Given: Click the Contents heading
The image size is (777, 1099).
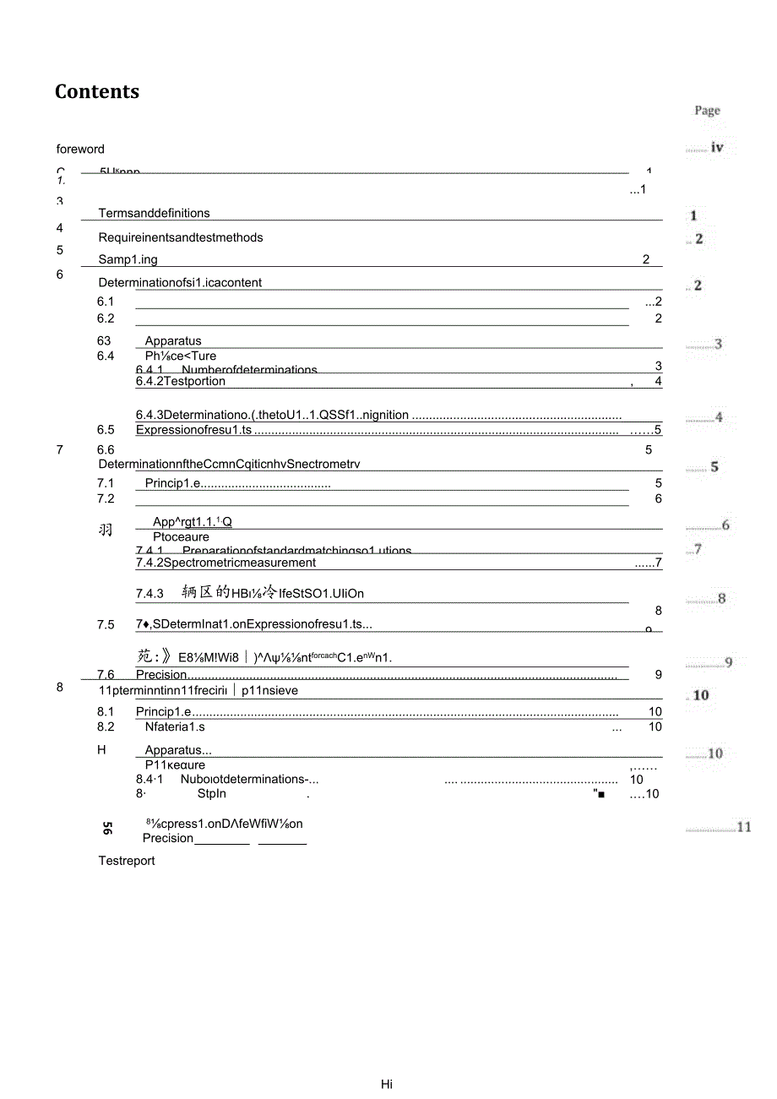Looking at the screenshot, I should [97, 92].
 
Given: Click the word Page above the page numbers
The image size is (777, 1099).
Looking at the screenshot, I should [707, 111].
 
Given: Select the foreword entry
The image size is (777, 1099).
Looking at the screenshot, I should [80, 150].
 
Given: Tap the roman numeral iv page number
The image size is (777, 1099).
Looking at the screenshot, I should [716, 147].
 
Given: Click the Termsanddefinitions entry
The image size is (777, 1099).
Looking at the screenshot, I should [154, 214].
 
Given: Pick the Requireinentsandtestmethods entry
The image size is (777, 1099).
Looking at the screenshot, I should [180, 237].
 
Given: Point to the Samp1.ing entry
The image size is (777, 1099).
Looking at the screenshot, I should [128, 259].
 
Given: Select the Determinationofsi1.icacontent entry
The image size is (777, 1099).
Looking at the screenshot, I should [180, 283].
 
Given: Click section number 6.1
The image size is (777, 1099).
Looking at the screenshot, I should [106, 302].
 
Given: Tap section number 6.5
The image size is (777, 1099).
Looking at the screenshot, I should [106, 430].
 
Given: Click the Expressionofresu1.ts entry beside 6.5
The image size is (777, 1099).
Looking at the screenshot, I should [193, 430].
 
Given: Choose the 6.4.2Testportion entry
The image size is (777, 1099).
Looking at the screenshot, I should [181, 382].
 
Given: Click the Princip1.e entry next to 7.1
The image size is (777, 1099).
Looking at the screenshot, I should [168, 484].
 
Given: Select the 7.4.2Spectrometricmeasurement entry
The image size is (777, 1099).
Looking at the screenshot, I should [225, 563].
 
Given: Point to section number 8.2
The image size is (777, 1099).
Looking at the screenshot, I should [106, 726].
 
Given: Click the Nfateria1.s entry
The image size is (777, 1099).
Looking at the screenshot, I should [174, 726].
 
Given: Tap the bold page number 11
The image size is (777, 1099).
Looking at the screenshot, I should [743, 827].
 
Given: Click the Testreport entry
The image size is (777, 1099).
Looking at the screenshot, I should [127, 861].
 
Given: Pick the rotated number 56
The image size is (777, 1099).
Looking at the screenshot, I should [107, 829].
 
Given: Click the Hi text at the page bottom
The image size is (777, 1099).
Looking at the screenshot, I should [387, 1085].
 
